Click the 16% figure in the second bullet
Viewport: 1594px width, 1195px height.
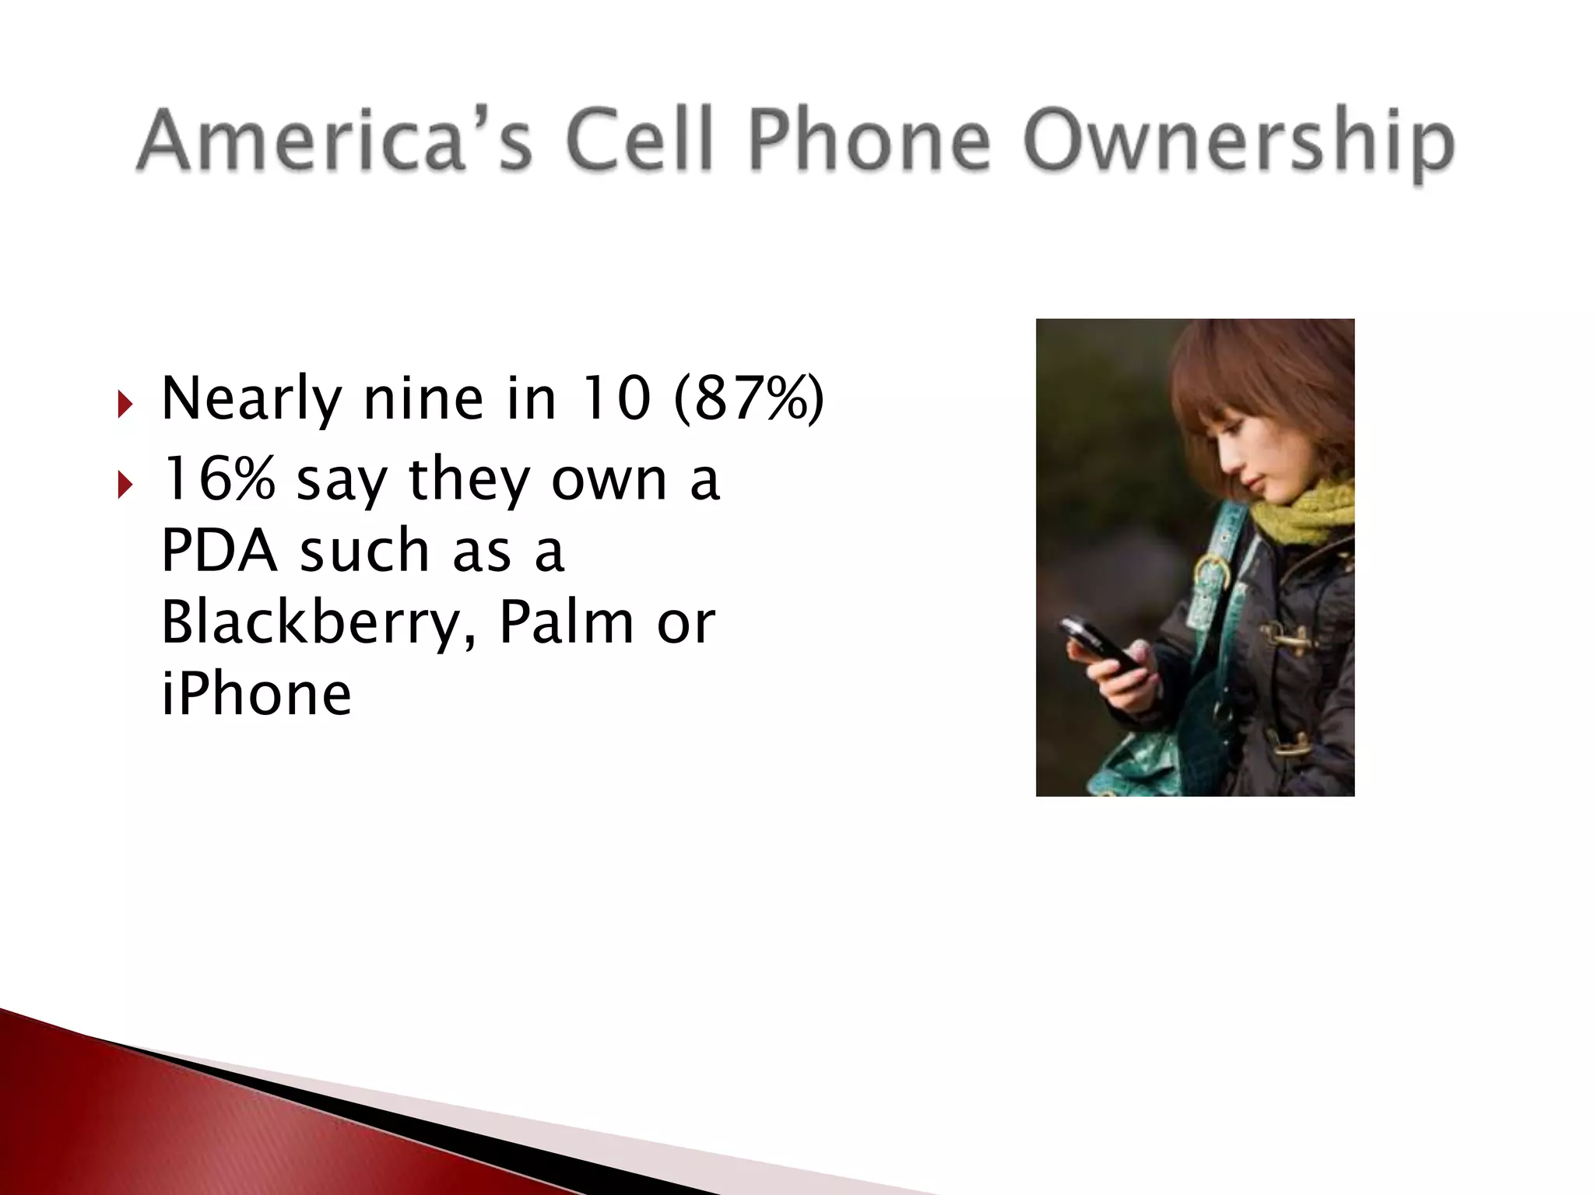click(x=218, y=478)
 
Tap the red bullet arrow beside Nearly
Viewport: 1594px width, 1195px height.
click(x=125, y=405)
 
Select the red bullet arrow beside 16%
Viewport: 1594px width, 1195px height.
click(x=125, y=486)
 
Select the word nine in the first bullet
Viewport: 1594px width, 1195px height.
click(x=423, y=398)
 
